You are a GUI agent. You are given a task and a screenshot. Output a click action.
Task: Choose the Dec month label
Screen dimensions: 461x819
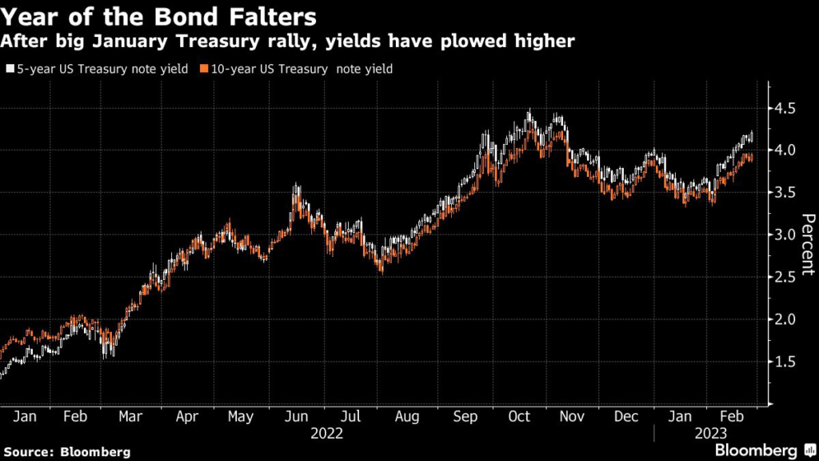(x=626, y=417)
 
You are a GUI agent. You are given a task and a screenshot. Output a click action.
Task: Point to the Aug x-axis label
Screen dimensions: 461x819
(x=407, y=417)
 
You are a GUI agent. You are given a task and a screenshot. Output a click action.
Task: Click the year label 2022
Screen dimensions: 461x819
(x=326, y=433)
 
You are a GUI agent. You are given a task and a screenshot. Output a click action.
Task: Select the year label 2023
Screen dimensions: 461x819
(x=710, y=433)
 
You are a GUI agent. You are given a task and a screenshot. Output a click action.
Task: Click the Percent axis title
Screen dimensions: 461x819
(x=808, y=245)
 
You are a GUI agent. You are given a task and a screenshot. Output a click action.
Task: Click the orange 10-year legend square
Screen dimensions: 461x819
(x=205, y=70)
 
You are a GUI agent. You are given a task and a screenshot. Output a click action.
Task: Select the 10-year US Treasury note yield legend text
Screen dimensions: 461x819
(x=301, y=69)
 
